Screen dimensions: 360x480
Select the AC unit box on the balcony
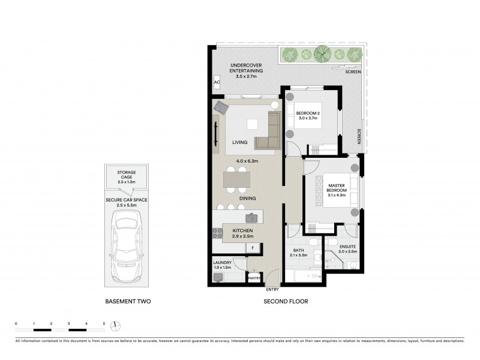(x=217, y=83)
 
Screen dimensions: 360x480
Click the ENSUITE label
(x=347, y=247)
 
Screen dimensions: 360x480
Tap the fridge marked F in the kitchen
(x=253, y=247)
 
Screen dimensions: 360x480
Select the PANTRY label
(x=254, y=278)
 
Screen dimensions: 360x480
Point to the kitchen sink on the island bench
(x=251, y=218)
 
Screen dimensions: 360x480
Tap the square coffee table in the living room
(x=253, y=124)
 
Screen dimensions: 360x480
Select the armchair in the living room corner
(x=223, y=108)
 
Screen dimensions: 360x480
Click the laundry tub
(x=218, y=277)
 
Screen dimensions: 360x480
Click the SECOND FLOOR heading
(x=286, y=302)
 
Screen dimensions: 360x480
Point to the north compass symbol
(x=116, y=326)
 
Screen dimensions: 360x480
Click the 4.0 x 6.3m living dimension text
(x=247, y=161)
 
